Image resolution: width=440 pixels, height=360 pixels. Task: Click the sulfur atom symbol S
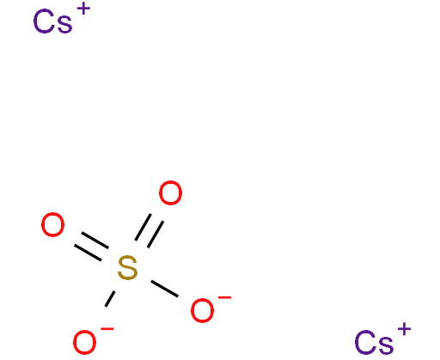(x=127, y=268)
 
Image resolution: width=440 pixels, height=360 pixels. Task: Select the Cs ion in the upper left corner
(x=61, y=19)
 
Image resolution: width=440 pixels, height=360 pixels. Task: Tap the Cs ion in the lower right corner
(x=382, y=339)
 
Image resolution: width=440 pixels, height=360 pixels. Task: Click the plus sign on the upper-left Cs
(x=83, y=9)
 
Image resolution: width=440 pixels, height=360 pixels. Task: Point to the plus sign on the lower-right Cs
(x=404, y=329)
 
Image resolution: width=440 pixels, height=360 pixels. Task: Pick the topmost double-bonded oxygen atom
(x=170, y=192)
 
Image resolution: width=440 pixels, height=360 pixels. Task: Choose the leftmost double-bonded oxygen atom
(x=52, y=224)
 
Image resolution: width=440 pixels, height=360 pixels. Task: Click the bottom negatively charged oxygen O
(x=84, y=342)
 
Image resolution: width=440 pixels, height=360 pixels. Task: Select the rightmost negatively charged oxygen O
(x=202, y=310)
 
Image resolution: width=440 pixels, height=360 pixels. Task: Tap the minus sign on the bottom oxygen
(x=107, y=329)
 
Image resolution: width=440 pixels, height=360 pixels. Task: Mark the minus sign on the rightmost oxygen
(x=224, y=298)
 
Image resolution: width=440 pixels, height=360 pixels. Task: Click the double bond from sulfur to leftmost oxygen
(x=91, y=247)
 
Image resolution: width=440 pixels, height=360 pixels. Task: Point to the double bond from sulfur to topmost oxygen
(x=150, y=230)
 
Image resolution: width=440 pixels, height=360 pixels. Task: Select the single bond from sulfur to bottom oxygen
(x=110, y=299)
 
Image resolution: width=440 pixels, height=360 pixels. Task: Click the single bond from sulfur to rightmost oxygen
(x=165, y=289)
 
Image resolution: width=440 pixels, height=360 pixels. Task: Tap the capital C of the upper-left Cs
(x=44, y=21)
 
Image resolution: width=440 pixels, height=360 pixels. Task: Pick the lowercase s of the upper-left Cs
(x=64, y=24)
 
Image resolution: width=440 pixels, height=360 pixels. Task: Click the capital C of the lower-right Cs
(x=365, y=342)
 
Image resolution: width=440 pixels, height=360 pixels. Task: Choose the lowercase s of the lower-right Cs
(x=386, y=345)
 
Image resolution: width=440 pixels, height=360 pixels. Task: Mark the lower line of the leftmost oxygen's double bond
(x=88, y=253)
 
